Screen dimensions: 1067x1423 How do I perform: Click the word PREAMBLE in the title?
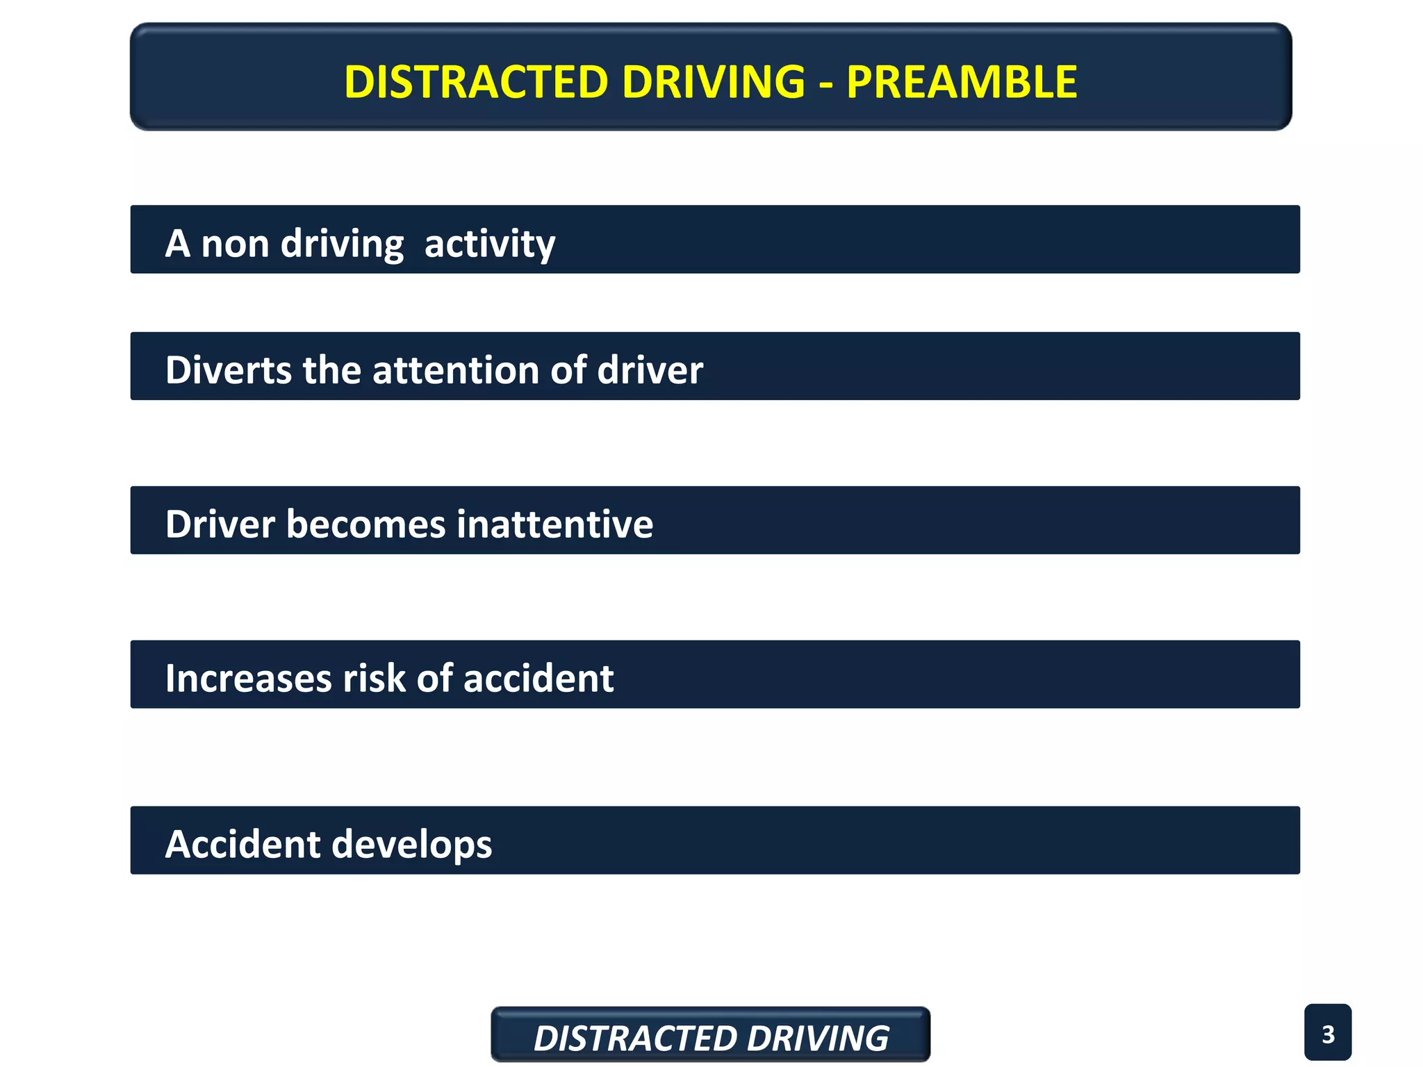962,82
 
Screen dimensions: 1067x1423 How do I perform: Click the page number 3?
1328,1034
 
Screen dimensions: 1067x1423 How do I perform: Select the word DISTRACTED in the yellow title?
476,82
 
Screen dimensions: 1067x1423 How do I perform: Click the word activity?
490,244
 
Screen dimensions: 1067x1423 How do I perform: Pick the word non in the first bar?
235,244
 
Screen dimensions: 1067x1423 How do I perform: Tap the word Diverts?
229,370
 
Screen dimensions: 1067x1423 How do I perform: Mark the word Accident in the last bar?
243,845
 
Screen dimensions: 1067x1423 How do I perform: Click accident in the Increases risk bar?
538,678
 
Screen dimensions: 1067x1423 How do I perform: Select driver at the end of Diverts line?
650,370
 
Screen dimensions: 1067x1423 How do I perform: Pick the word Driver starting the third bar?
220,524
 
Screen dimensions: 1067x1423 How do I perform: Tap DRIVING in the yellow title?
714,82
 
